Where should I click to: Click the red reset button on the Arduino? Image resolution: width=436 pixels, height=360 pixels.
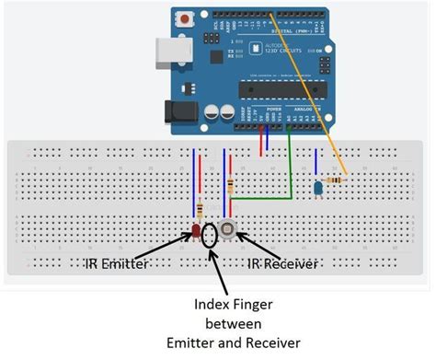click(x=189, y=17)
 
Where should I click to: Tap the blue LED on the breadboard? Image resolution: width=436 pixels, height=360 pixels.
click(x=317, y=187)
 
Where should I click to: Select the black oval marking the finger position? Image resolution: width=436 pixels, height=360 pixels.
click(x=212, y=235)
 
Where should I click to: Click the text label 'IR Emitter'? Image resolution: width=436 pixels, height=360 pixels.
click(x=120, y=264)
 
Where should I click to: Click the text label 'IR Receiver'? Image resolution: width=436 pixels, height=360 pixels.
click(x=282, y=264)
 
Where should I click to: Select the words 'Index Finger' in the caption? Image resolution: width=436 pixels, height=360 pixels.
click(x=225, y=305)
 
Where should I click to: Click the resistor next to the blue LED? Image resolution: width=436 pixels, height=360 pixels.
click(x=338, y=180)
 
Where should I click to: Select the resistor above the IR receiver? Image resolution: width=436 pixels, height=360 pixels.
click(x=230, y=189)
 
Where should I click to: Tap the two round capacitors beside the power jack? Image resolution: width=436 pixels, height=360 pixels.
click(x=218, y=111)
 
